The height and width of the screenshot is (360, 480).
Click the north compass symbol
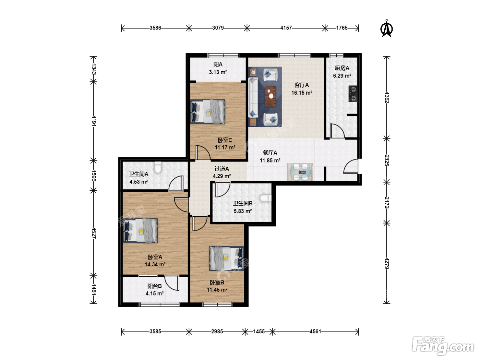[387, 29]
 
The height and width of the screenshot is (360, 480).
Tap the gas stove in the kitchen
[353, 94]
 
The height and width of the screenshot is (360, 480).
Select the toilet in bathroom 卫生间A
[158, 167]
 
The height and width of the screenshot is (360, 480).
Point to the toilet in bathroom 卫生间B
[266, 198]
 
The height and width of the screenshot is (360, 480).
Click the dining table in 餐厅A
[300, 172]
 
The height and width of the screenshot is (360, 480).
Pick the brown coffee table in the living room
[271, 96]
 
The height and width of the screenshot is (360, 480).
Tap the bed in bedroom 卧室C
[207, 112]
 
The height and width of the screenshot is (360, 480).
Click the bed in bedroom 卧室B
[226, 259]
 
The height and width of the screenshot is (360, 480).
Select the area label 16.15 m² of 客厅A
[302, 93]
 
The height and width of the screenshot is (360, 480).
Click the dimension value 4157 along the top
[286, 28]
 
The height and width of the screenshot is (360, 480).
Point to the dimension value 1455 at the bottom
[259, 331]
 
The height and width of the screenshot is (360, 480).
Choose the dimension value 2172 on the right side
[387, 202]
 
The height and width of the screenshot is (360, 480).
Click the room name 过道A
[221, 169]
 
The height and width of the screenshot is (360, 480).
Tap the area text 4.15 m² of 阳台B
[155, 293]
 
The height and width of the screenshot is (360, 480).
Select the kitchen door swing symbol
[337, 131]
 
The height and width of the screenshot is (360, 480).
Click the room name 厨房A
[342, 68]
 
